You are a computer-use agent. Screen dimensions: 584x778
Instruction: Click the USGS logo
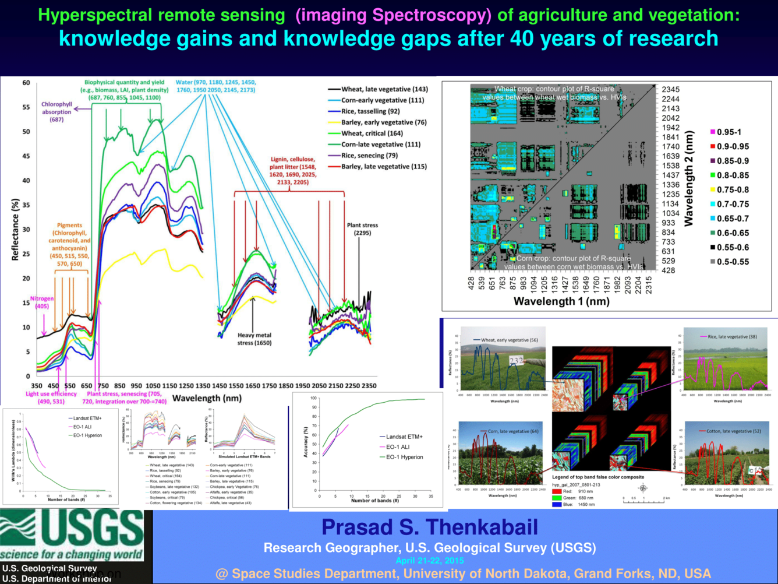tap(72, 535)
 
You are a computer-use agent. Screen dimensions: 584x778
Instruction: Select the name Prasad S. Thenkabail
tap(430, 527)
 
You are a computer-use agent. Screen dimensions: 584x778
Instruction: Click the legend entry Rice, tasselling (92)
tap(370, 111)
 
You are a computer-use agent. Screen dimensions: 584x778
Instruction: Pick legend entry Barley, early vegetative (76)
tap(384, 122)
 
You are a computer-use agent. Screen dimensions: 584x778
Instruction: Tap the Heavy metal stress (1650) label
tap(254, 339)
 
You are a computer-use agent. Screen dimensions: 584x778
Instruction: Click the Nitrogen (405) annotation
tap(42, 302)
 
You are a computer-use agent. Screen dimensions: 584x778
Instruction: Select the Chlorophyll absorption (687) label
tap(56, 112)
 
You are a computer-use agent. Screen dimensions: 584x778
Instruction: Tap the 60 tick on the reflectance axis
tap(26, 83)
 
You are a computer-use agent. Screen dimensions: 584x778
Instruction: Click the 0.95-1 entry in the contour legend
tap(728, 132)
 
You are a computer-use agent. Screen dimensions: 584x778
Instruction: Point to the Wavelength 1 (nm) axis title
tap(561, 301)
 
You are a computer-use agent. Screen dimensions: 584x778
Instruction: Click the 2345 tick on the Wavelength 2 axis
tap(670, 89)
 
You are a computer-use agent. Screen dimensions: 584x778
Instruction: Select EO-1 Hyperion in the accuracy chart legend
tap(404, 457)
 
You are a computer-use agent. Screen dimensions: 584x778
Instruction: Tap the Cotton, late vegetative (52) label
tap(733, 431)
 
